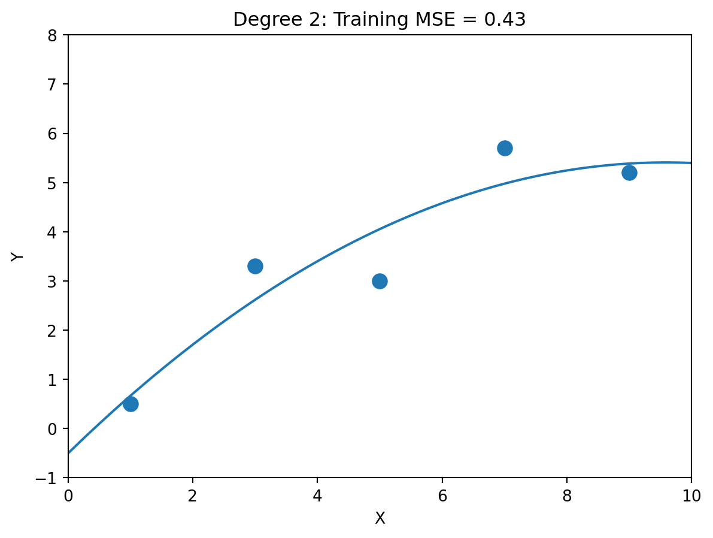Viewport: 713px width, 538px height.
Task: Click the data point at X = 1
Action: pyautogui.click(x=131, y=404)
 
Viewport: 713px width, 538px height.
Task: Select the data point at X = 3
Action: pyautogui.click(x=255, y=266)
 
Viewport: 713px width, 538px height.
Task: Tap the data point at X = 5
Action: pyautogui.click(x=380, y=281)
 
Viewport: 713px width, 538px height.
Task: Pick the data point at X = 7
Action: pyautogui.click(x=505, y=148)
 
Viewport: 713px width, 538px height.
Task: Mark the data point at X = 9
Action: pyautogui.click(x=629, y=173)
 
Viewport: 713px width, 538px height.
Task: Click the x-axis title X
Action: pyautogui.click(x=380, y=519)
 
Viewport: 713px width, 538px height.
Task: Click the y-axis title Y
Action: pyautogui.click(x=18, y=256)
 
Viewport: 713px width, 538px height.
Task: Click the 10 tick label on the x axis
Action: pyautogui.click(x=691, y=494)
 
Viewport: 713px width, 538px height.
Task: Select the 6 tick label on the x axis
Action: pyautogui.click(x=442, y=494)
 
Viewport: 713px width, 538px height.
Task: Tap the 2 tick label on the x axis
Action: pyautogui.click(x=193, y=494)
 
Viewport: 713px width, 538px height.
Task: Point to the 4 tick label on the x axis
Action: pyautogui.click(x=317, y=494)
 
